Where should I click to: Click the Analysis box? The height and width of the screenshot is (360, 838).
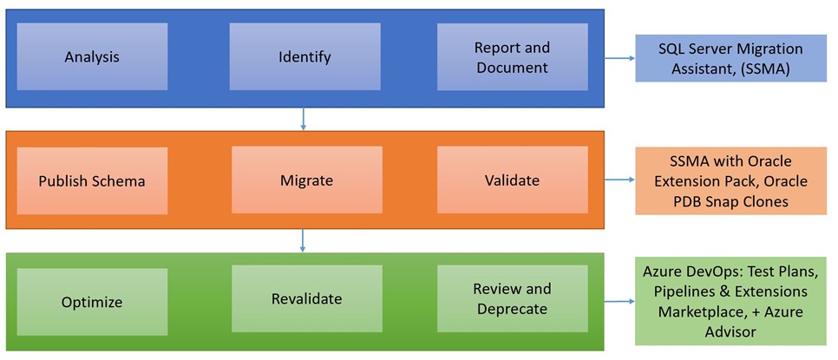[x=92, y=56]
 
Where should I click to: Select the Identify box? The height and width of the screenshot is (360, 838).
[x=304, y=56]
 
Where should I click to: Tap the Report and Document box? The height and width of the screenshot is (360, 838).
[x=513, y=56]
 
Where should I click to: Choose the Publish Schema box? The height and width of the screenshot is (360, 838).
[x=92, y=180]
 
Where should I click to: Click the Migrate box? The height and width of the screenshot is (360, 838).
[x=307, y=180]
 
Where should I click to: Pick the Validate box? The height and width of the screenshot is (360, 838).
[x=513, y=180]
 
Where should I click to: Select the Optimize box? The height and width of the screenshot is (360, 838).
[x=92, y=302]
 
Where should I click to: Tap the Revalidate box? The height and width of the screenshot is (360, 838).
[x=307, y=299]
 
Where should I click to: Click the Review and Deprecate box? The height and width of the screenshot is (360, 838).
[x=513, y=299]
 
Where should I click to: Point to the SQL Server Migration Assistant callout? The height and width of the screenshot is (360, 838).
[x=730, y=58]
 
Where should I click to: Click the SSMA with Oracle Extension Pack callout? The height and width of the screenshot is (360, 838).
[x=730, y=181]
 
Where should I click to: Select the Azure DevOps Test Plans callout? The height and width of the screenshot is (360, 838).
[x=730, y=302]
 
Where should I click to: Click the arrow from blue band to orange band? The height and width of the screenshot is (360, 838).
[x=303, y=119]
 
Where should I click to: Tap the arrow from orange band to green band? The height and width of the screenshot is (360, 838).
[x=303, y=240]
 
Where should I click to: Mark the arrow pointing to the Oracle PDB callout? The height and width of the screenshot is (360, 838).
[x=619, y=180]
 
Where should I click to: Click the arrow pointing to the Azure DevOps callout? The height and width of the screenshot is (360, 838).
[x=619, y=301]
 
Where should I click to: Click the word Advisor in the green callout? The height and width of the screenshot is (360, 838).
[x=730, y=331]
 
